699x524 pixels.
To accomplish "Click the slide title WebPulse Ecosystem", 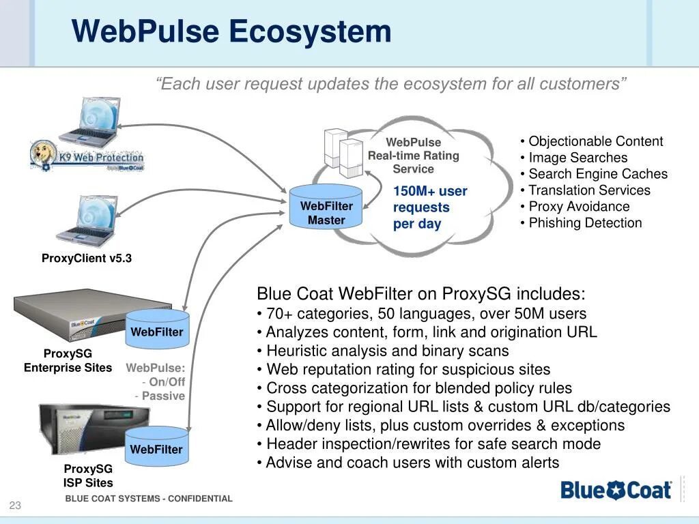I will coord(231,31).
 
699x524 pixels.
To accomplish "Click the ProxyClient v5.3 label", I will coord(87,259).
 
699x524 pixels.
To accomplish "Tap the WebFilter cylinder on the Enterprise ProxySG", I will coord(157,331).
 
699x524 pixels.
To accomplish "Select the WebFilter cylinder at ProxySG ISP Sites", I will coord(157,448).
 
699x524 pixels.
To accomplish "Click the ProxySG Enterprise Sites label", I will coord(68,361).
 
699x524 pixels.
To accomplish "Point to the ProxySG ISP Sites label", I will coord(88,476).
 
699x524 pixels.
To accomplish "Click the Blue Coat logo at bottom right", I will coord(616,490).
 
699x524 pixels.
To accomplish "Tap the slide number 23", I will coord(15,506).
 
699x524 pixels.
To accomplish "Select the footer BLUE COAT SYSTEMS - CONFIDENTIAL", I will coord(149,499).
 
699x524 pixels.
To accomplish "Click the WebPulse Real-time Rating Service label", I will coord(414,156).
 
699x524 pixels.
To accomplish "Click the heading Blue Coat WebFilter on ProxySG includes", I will coord(420,294).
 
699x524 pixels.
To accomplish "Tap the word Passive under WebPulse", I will coord(163,396).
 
